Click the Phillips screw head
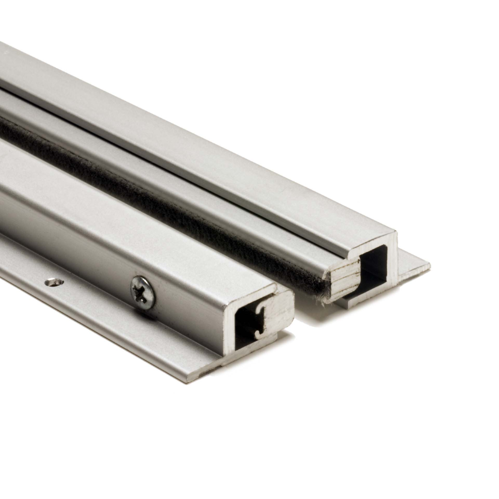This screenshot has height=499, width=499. pos(143,291)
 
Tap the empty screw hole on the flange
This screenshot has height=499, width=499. pos(54,282)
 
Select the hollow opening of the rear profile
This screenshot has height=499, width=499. pos(375,262)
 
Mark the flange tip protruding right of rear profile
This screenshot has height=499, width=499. pos(415,265)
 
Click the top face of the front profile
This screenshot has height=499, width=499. pos(125,206)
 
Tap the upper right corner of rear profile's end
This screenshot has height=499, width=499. pos(394,234)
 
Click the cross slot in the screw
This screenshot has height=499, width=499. pos(143,291)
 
